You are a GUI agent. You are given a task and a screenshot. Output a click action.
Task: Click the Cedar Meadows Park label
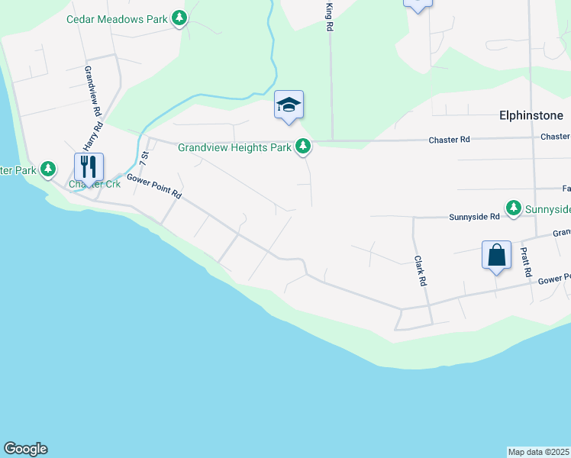tap(116, 18)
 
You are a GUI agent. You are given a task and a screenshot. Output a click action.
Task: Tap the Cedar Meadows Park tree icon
tap(179, 18)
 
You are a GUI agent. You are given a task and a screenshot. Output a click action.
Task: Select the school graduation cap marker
tap(289, 105)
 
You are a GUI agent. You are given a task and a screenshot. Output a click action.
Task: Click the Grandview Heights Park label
tap(235, 147)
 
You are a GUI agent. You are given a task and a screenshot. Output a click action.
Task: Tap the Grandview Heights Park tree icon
tap(304, 147)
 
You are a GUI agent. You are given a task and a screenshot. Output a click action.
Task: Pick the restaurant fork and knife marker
tap(89, 167)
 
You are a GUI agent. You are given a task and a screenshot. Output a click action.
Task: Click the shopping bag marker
tap(496, 256)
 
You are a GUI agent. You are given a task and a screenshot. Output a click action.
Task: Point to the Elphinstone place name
tap(531, 115)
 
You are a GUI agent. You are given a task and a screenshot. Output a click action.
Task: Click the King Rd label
tap(330, 17)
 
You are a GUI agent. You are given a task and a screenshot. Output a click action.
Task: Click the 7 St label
tap(143, 160)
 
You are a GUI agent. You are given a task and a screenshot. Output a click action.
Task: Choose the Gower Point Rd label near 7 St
tap(154, 185)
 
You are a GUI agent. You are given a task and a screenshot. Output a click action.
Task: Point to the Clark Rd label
tap(420, 271)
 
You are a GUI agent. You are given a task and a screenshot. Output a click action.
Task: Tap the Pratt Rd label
tap(525, 262)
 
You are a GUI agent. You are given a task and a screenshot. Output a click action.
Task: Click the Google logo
tap(25, 449)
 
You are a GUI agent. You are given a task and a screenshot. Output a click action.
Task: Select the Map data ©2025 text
tap(539, 451)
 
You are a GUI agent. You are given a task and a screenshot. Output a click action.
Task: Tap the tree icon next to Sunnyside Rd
tap(514, 208)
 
